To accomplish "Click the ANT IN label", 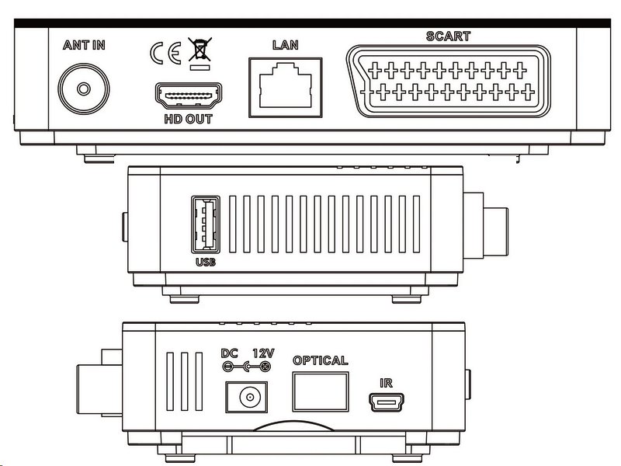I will click(x=84, y=44).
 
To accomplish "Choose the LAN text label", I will click(x=285, y=45).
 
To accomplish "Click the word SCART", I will click(x=449, y=37).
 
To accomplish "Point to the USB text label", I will click(x=206, y=262).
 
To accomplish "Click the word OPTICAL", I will click(x=320, y=360).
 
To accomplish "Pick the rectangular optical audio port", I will click(x=320, y=394).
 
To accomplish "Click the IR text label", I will click(x=387, y=384).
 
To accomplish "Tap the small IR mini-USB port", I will click(x=387, y=403).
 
